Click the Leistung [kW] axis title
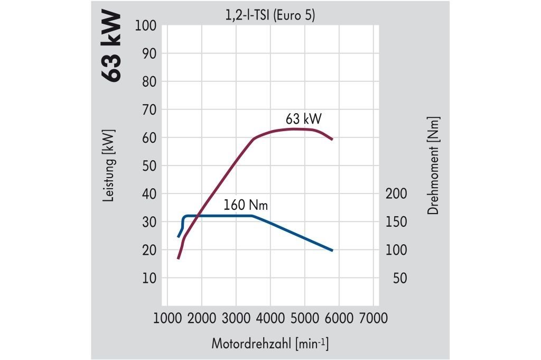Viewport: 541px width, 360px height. point(110,165)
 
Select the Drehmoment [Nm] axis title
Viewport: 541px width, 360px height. point(434,165)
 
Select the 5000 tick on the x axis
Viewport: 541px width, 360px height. point(304,318)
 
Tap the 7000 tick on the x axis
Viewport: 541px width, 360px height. point(372,318)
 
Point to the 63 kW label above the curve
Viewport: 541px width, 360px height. point(303,117)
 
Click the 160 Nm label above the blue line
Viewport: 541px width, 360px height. point(245,205)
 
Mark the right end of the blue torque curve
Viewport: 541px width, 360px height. point(332,250)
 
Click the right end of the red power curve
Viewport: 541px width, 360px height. point(332,139)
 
